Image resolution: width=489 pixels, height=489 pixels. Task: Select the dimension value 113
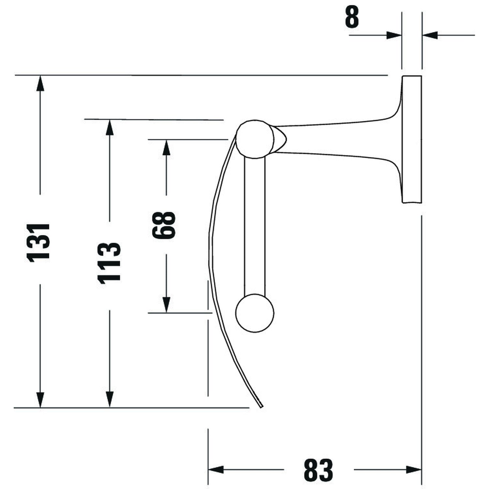(x=109, y=262)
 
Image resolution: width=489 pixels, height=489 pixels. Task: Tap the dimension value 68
(x=164, y=225)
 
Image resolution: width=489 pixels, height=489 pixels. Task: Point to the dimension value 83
(x=318, y=470)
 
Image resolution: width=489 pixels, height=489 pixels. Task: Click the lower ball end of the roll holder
(x=255, y=313)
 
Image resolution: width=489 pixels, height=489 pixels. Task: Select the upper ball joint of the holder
(x=254, y=139)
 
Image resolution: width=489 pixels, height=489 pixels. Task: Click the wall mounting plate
(x=412, y=139)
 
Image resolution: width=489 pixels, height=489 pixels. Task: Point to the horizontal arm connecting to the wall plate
(x=336, y=139)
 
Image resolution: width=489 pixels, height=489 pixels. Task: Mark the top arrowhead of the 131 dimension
(x=40, y=83)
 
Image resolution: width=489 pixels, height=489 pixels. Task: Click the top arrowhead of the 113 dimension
(x=110, y=127)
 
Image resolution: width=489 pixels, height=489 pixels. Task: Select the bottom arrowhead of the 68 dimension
(x=167, y=305)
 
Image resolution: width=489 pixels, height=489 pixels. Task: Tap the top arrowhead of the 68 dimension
(x=167, y=147)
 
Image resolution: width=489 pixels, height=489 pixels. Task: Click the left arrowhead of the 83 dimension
(x=216, y=470)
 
